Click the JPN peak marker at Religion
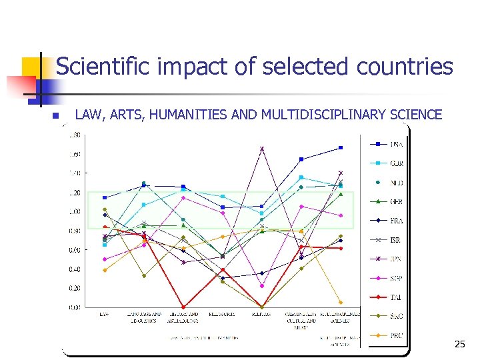coord(262,149)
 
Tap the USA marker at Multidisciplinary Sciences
coord(341,147)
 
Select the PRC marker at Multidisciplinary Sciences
coord(341,302)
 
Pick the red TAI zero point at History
coord(183,307)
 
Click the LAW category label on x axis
coord(105,313)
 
